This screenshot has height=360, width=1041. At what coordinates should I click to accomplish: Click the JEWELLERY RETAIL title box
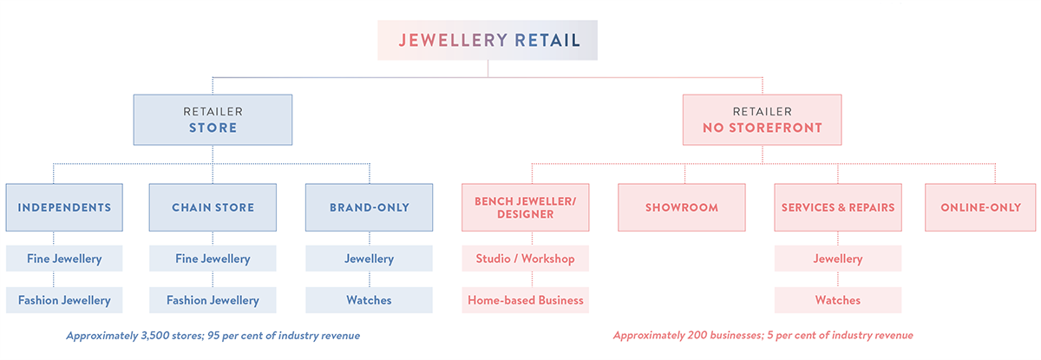click(x=488, y=40)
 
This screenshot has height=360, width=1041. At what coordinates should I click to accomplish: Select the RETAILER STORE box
click(x=213, y=120)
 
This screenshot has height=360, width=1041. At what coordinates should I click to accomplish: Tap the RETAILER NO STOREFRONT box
click(x=763, y=120)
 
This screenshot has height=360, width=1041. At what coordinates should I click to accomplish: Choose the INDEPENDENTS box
click(x=64, y=207)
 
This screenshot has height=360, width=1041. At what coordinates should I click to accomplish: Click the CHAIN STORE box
click(x=213, y=207)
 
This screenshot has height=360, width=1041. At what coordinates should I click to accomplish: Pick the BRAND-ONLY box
click(x=369, y=207)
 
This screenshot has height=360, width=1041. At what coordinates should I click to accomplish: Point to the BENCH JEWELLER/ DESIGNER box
click(x=525, y=207)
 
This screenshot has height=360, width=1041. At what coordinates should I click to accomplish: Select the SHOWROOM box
click(x=682, y=207)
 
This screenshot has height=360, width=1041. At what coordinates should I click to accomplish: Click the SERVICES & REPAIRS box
click(x=838, y=207)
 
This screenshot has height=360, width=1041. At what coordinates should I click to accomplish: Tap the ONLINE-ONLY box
click(x=980, y=207)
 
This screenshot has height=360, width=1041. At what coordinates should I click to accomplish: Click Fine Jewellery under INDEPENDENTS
click(x=64, y=259)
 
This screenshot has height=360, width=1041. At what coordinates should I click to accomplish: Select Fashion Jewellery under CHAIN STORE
click(x=213, y=300)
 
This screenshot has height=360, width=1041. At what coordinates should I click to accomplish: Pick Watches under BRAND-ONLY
click(x=369, y=300)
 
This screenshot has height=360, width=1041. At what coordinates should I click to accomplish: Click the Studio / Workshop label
click(x=525, y=259)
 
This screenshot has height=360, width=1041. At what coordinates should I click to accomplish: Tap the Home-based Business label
click(x=525, y=300)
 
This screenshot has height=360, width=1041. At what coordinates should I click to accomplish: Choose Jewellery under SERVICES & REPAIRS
click(x=838, y=259)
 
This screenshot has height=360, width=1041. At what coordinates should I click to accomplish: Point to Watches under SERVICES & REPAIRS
click(x=838, y=300)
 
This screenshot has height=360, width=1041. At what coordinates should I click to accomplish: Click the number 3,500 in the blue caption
click(x=155, y=336)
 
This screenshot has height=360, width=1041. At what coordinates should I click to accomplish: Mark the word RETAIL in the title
click(x=547, y=40)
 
